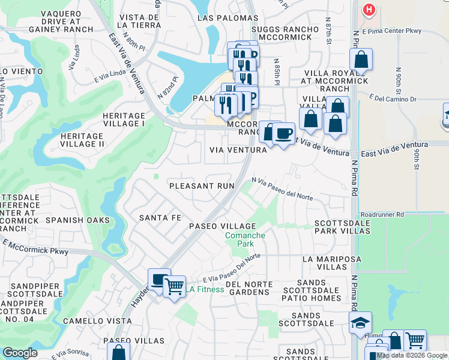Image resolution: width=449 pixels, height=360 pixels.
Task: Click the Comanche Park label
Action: click(245, 240)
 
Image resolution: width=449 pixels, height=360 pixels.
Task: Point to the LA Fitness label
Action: click(205, 290)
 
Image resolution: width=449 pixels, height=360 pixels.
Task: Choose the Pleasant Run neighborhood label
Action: click(202, 186)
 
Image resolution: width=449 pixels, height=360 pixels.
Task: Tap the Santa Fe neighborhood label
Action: click(160, 218)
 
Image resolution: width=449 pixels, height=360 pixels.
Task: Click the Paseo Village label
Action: click(223, 226)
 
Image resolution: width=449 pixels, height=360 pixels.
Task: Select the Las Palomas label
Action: click(228, 18)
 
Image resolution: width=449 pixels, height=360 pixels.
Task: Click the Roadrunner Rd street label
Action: click(382, 214)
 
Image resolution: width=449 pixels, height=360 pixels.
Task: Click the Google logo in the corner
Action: click(20, 352)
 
